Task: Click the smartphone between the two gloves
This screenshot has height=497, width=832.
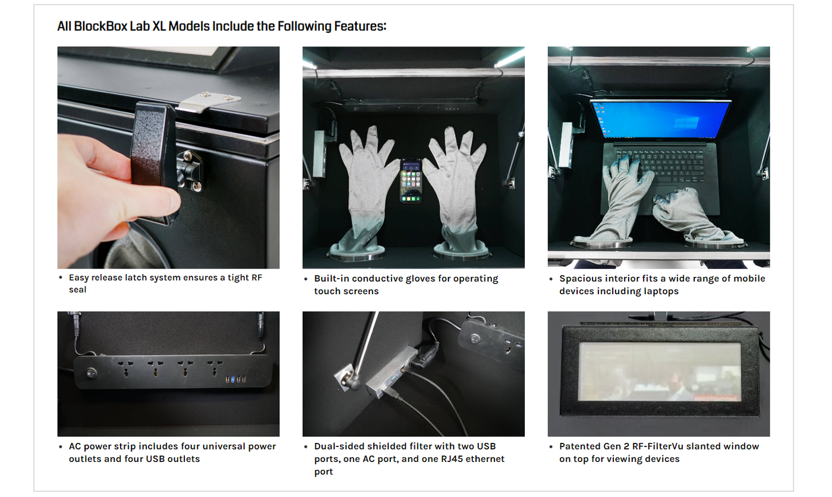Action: [x=411, y=181]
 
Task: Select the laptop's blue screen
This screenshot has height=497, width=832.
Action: [x=660, y=119]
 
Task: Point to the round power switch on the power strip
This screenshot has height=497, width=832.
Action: [x=92, y=373]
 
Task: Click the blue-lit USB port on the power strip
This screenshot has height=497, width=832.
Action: [x=232, y=379]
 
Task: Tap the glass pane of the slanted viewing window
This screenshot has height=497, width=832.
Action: [x=660, y=372]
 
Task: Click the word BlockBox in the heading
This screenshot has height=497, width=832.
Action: [x=100, y=26]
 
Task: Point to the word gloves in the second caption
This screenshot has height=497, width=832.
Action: [x=422, y=279]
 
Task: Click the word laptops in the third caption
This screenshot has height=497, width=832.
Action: [x=661, y=291]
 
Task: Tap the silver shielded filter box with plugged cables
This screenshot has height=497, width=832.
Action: [x=392, y=372]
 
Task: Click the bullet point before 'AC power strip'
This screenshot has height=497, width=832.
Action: [x=61, y=447]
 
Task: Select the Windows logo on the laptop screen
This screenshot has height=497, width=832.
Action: [x=686, y=122]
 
